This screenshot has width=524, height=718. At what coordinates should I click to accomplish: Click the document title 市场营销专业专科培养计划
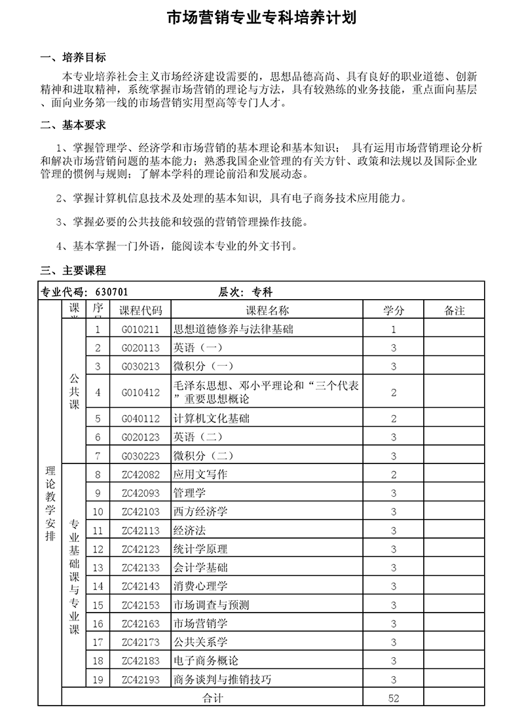(x=262, y=18)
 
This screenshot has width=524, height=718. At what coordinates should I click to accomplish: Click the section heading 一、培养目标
(x=73, y=58)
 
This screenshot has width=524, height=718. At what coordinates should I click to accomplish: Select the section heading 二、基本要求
(x=73, y=124)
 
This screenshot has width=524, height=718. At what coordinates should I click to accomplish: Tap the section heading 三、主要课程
(x=73, y=270)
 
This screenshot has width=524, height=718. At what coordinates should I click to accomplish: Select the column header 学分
(x=394, y=310)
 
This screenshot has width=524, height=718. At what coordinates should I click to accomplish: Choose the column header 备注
(x=454, y=310)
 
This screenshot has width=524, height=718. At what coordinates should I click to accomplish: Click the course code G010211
(x=140, y=329)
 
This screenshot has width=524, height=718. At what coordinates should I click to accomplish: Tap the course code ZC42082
(x=140, y=475)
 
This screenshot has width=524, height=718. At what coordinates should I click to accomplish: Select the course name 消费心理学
(x=200, y=586)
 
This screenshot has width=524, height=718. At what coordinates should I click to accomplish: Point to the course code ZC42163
(x=140, y=624)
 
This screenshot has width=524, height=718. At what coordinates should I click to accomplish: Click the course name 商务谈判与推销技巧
(x=222, y=680)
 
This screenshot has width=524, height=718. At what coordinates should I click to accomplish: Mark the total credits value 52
(x=394, y=698)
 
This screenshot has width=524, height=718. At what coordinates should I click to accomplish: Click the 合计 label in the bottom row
(x=214, y=698)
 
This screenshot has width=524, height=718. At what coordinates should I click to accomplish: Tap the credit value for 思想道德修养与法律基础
(x=394, y=329)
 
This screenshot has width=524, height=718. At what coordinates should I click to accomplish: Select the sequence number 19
(x=98, y=680)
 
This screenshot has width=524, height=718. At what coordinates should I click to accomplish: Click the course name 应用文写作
(x=200, y=475)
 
